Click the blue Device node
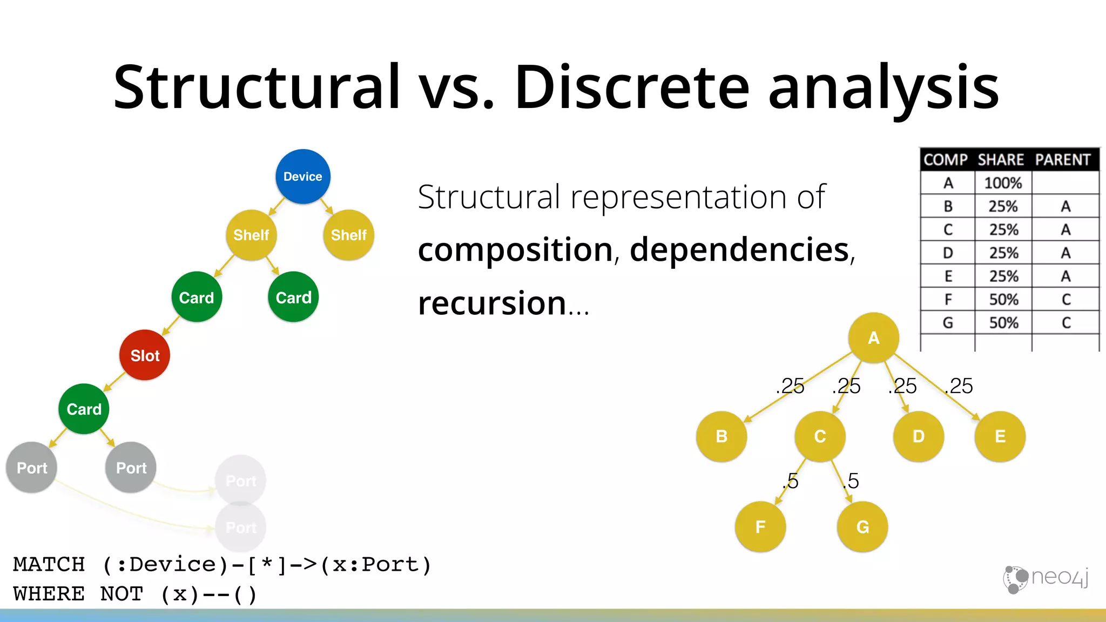[302, 177]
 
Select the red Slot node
[145, 355]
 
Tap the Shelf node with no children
[348, 235]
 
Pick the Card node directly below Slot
[84, 409]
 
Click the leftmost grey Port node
[31, 468]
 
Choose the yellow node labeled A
[873, 338]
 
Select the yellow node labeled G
[862, 526]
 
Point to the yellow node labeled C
[820, 436]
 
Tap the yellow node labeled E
[1000, 436]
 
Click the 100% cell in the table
[1003, 183]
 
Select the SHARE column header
[1001, 160]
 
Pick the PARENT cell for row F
[1065, 299]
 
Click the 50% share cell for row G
[1003, 323]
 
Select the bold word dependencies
[740, 250]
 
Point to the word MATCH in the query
[49, 564]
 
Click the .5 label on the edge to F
[791, 481]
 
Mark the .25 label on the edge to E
[959, 386]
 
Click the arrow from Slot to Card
[114, 381]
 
